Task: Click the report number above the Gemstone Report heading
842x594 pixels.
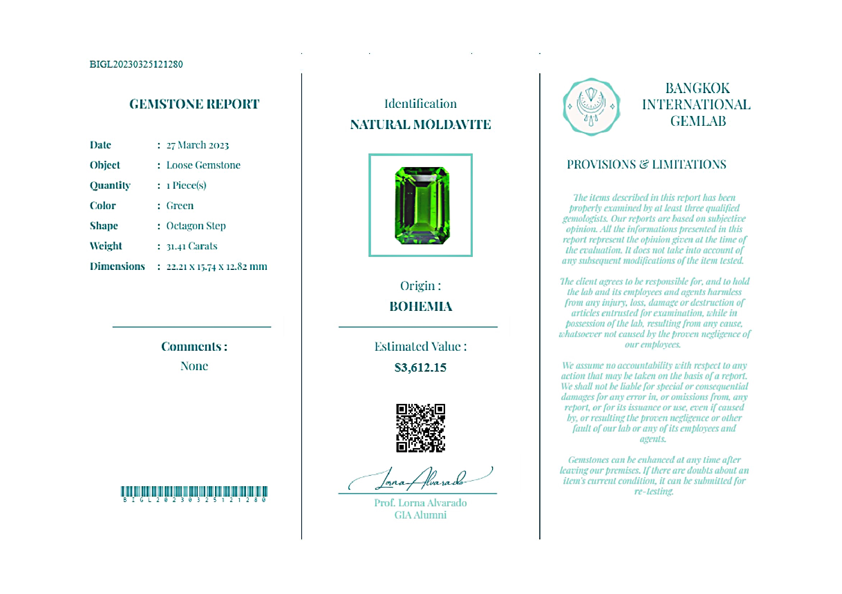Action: (x=136, y=64)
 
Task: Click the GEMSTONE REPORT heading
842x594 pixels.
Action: (x=194, y=104)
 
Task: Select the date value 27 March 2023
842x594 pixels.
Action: (x=197, y=145)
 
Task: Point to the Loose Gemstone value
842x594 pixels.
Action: (x=203, y=165)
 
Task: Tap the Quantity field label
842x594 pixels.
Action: (x=110, y=185)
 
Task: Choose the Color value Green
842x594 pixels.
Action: (x=180, y=206)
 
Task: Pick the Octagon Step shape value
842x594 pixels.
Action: (x=196, y=226)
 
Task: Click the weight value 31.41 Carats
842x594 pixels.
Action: (x=191, y=246)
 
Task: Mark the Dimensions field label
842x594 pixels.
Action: (x=117, y=266)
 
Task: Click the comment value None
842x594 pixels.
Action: (x=194, y=366)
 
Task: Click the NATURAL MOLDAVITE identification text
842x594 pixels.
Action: (x=420, y=125)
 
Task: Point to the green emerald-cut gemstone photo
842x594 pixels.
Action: (x=422, y=206)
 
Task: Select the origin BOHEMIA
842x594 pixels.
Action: (x=421, y=307)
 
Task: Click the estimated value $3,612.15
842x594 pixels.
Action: (x=420, y=368)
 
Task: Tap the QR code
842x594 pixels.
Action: (x=420, y=428)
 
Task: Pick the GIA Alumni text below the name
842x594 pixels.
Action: (x=420, y=515)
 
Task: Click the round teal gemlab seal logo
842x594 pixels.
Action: (x=591, y=107)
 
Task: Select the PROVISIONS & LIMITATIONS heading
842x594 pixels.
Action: (x=646, y=165)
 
